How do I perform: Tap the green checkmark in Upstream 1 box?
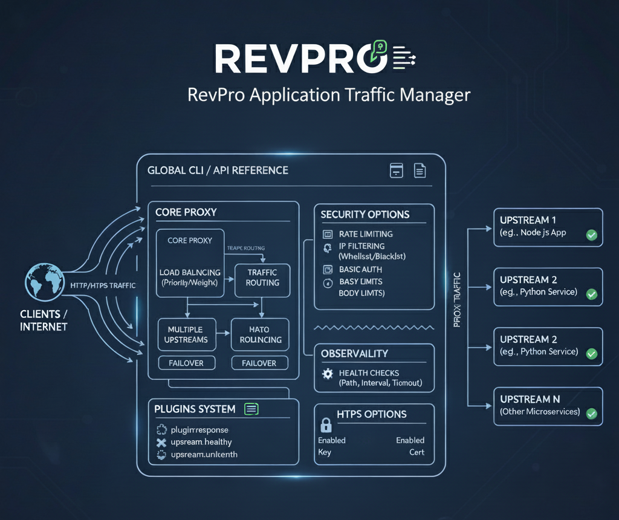(x=591, y=235)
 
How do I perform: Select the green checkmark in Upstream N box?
(x=591, y=414)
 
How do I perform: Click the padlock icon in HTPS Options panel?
(x=326, y=424)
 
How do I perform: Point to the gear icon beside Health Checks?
(x=328, y=374)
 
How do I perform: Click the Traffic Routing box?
(x=262, y=278)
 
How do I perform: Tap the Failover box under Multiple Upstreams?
(x=186, y=363)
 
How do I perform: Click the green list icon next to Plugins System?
(x=251, y=409)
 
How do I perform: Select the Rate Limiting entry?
(x=366, y=234)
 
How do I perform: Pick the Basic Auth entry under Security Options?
(x=360, y=270)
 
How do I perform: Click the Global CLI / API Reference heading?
(x=218, y=171)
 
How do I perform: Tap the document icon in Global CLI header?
(x=420, y=171)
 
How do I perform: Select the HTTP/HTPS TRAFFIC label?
(x=103, y=285)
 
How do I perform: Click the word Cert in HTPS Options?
(x=416, y=452)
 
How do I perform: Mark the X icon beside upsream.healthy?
(x=161, y=443)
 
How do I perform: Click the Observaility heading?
(x=354, y=354)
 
